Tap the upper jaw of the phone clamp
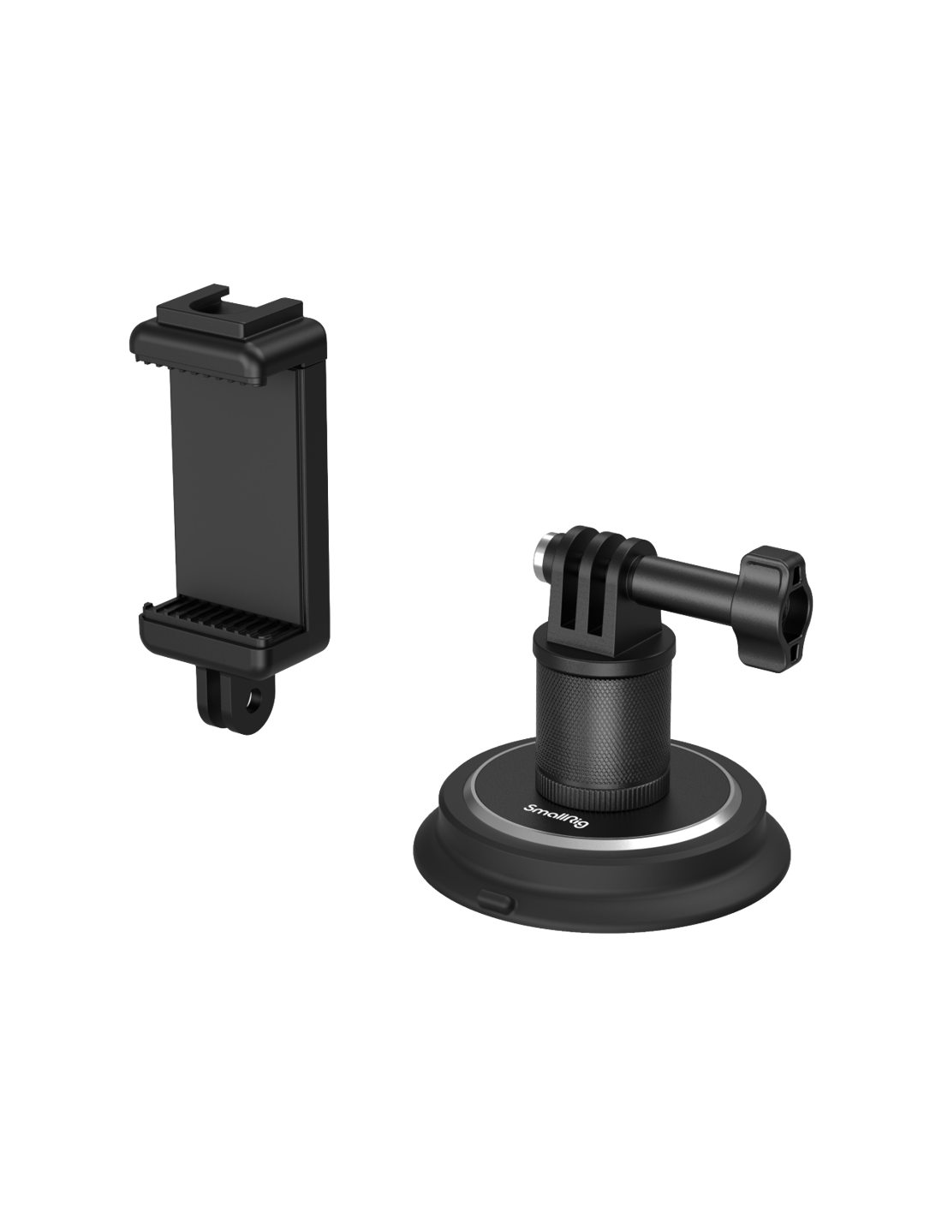(x=227, y=350)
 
